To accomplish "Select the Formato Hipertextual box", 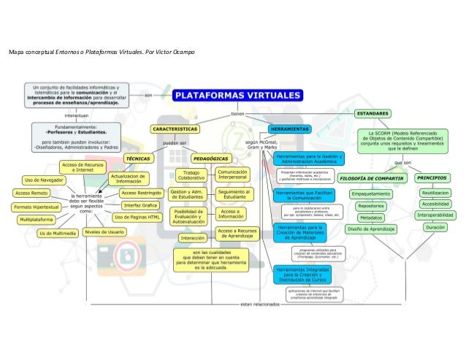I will tap(37, 207).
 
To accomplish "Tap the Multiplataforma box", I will tap(37, 219).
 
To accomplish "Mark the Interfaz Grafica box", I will tap(141, 205).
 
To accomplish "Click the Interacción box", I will tap(193, 238).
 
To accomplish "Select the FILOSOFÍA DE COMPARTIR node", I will tap(373, 177).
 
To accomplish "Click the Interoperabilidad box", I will tap(435, 215).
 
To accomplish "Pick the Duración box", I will tap(435, 228).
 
